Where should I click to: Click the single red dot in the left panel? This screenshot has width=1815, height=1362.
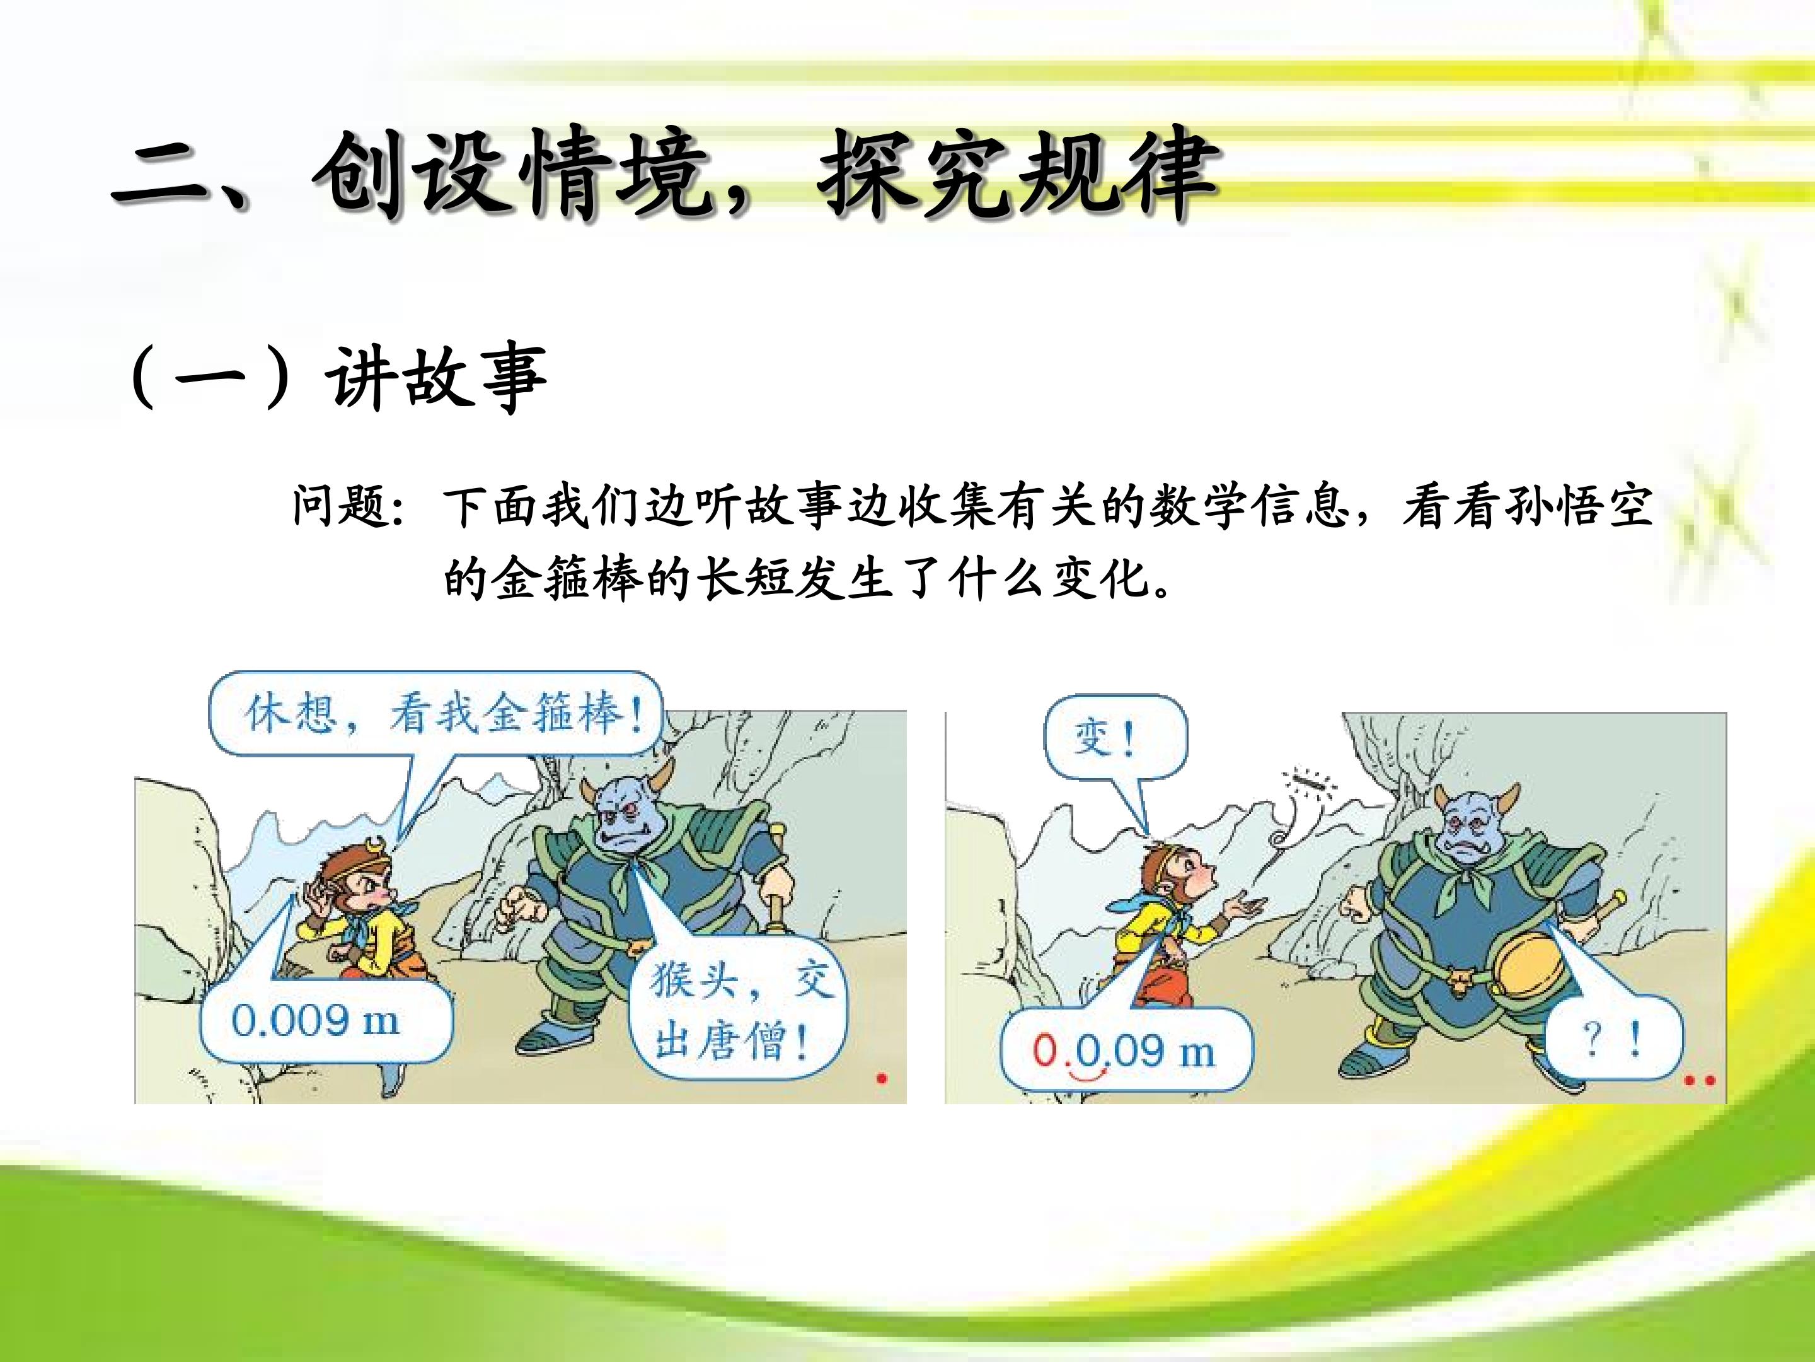(882, 1079)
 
